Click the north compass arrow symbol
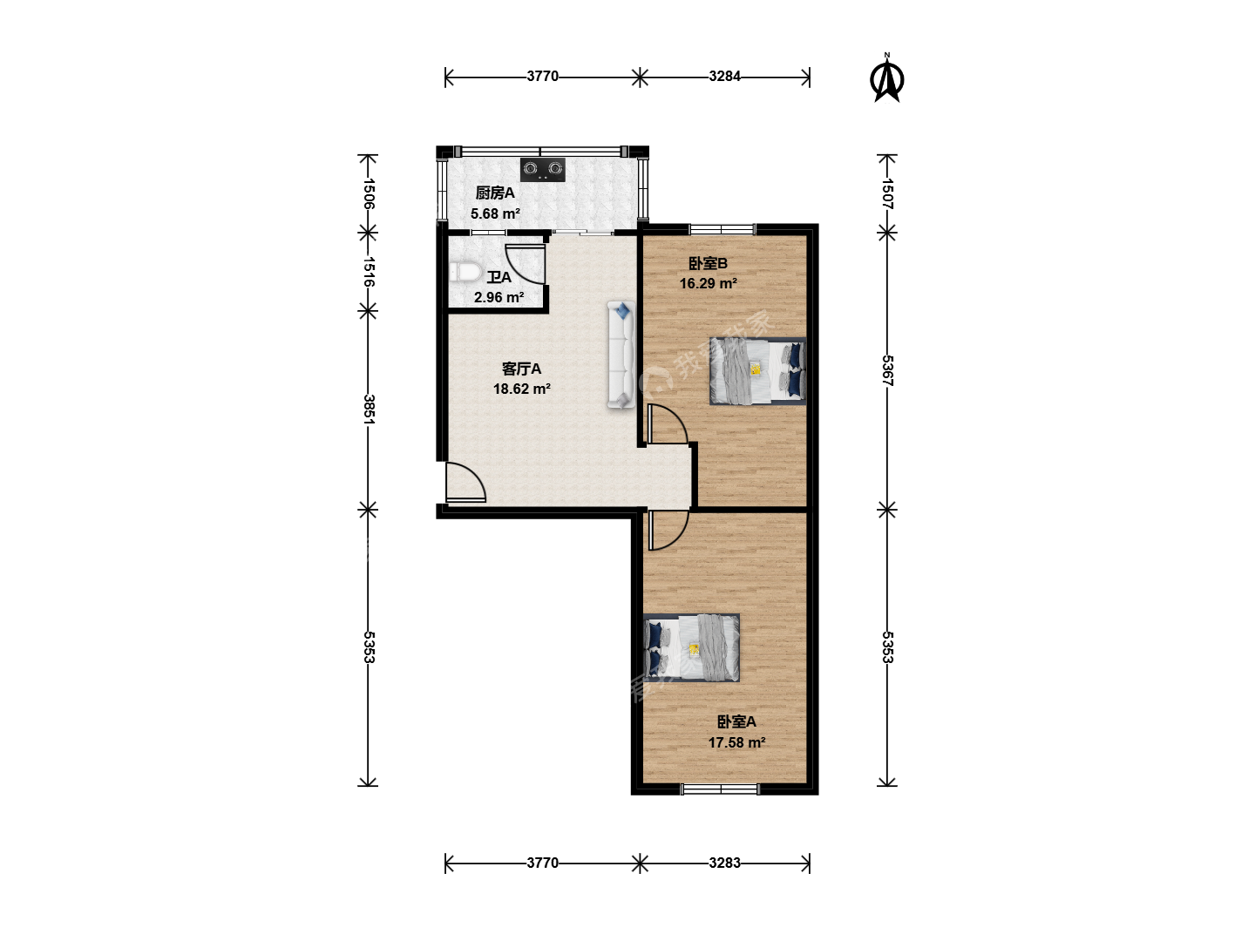pyautogui.click(x=886, y=80)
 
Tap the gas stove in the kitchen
pyautogui.click(x=543, y=169)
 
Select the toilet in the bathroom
pyautogui.click(x=465, y=272)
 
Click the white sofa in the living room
pyautogui.click(x=621, y=355)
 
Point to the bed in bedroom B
pyautogui.click(x=757, y=371)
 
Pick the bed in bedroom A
pyautogui.click(x=691, y=648)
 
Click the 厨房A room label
pyautogui.click(x=495, y=193)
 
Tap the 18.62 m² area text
pyautogui.click(x=521, y=389)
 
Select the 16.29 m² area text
pyautogui.click(x=708, y=283)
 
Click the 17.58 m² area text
pyautogui.click(x=736, y=742)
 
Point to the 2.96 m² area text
pyautogui.click(x=499, y=298)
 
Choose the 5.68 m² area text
pyautogui.click(x=495, y=213)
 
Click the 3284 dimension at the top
pyautogui.click(x=724, y=76)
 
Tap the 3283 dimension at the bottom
pyautogui.click(x=724, y=863)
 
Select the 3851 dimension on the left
pyautogui.click(x=370, y=410)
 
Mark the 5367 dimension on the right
pyautogui.click(x=887, y=370)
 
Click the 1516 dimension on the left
pyautogui.click(x=370, y=272)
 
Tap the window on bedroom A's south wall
pyautogui.click(x=720, y=789)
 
